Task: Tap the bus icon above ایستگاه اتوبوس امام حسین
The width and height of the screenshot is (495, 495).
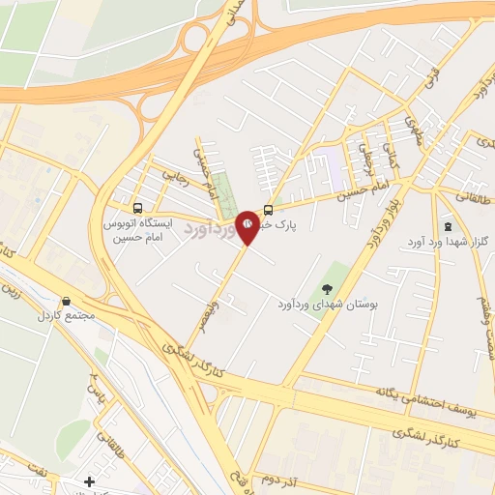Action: coord(138,208)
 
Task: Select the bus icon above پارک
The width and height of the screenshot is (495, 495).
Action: coord(268,209)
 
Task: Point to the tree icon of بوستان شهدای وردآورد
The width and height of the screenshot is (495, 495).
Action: coord(327,287)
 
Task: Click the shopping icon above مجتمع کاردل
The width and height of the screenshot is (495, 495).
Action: coord(66,303)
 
